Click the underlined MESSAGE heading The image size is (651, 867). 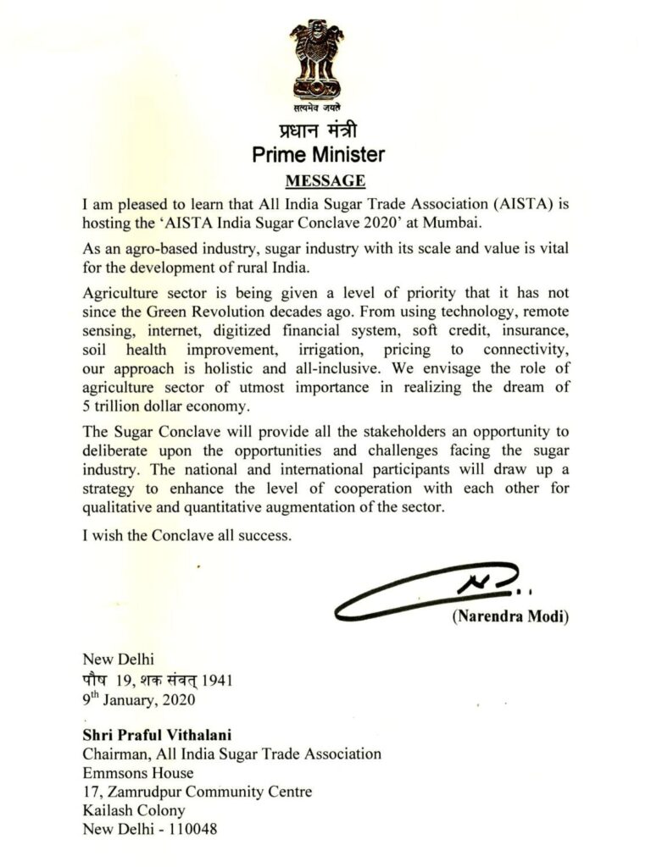click(325, 180)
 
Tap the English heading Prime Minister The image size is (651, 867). click(325, 155)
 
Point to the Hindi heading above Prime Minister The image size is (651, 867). click(325, 131)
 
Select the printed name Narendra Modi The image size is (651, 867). click(510, 616)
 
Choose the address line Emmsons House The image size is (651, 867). click(137, 772)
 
